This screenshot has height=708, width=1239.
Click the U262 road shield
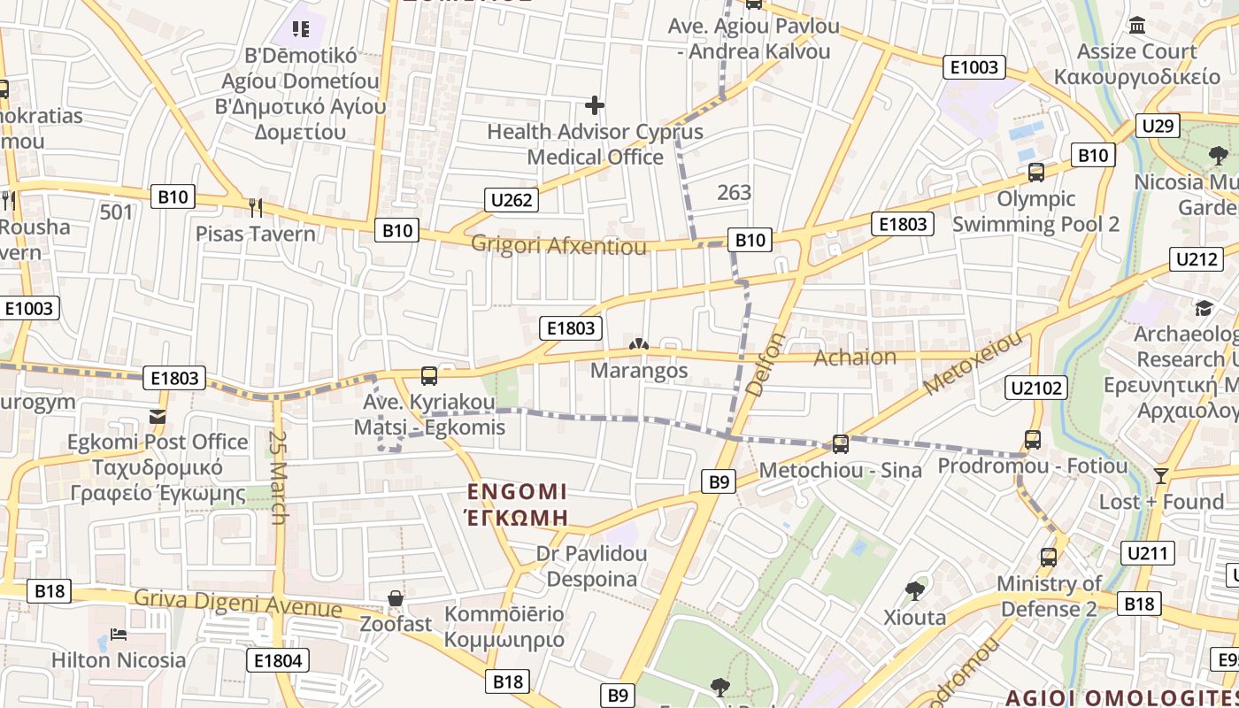pyautogui.click(x=512, y=200)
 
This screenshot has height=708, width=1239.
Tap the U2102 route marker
pyautogui.click(x=1037, y=387)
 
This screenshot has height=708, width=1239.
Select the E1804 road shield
pyautogui.click(x=278, y=660)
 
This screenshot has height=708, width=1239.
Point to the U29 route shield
pyautogui.click(x=1158, y=126)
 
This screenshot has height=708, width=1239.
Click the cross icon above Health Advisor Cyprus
pyautogui.click(x=595, y=105)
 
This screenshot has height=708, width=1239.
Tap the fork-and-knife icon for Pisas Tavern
pyautogui.click(x=256, y=208)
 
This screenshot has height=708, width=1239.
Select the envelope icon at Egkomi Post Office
pyautogui.click(x=158, y=416)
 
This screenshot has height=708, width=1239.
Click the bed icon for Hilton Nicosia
pyautogui.click(x=119, y=635)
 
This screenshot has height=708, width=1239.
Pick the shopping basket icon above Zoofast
pyautogui.click(x=396, y=598)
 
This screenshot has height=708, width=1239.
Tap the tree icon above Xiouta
pyautogui.click(x=914, y=590)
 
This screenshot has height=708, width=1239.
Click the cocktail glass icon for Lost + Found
pyautogui.click(x=1161, y=476)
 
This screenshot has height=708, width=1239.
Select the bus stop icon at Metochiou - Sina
pyautogui.click(x=840, y=444)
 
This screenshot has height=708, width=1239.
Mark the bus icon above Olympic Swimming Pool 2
pyautogui.click(x=1035, y=173)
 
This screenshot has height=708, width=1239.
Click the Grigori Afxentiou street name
pyautogui.click(x=558, y=245)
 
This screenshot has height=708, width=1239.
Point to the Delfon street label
pyautogui.click(x=766, y=364)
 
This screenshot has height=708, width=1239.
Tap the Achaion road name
pyautogui.click(x=854, y=357)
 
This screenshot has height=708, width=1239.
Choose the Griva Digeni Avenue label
pyautogui.click(x=237, y=604)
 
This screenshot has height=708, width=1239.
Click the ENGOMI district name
pyautogui.click(x=517, y=492)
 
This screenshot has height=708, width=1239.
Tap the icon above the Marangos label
pyautogui.click(x=638, y=344)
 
